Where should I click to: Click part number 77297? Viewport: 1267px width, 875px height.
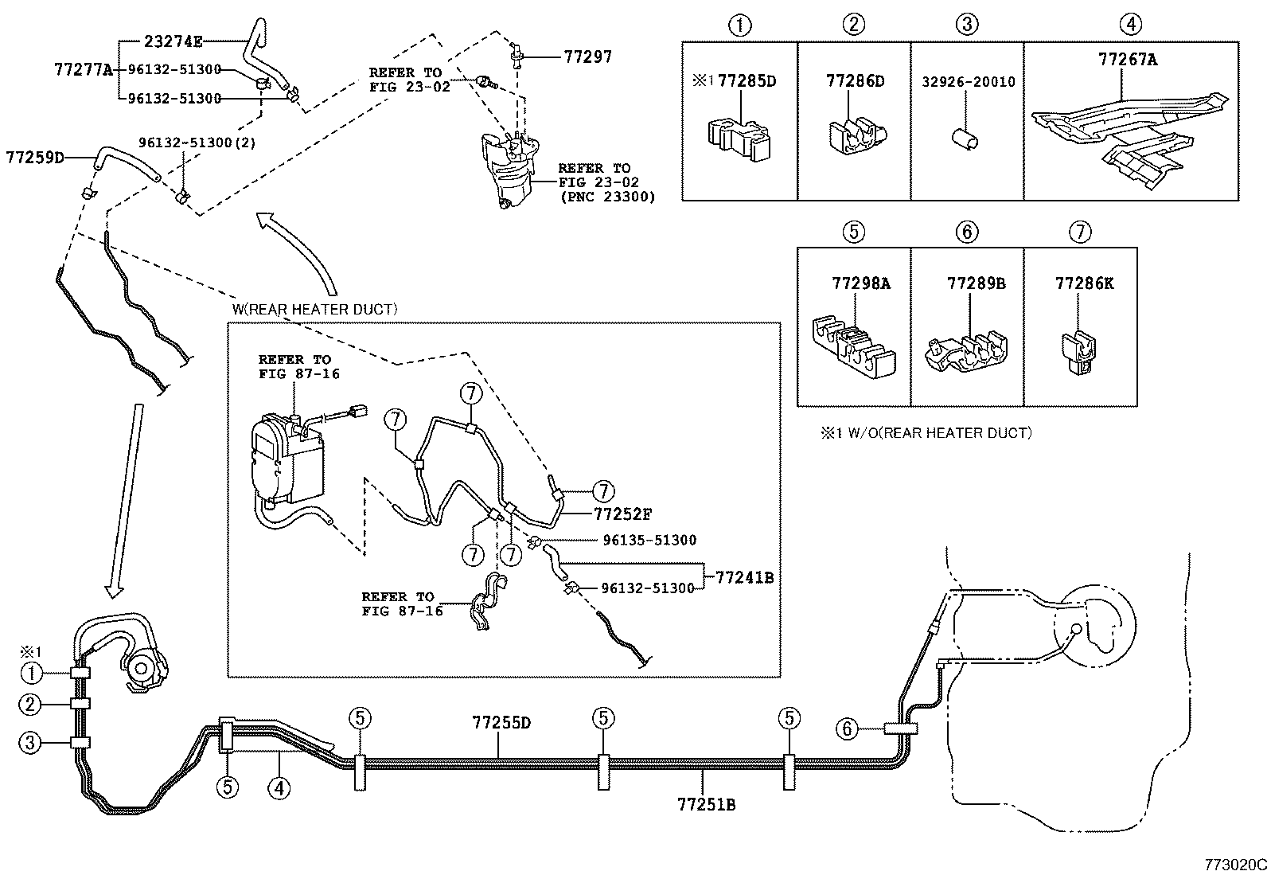(x=588, y=57)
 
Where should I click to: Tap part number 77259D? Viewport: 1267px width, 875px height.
(x=34, y=157)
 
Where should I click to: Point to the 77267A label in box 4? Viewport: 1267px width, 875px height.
(x=1128, y=60)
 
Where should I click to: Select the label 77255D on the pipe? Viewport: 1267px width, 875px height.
(x=501, y=723)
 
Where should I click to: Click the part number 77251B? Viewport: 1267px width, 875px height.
(x=706, y=804)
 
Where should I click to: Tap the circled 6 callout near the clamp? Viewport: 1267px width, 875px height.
(x=847, y=728)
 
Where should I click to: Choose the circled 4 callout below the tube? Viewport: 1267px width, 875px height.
(x=278, y=787)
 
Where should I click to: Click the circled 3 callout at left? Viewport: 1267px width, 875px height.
(x=30, y=743)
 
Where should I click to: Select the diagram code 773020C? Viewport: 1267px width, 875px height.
(x=1234, y=865)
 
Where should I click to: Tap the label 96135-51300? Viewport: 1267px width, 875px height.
(x=649, y=540)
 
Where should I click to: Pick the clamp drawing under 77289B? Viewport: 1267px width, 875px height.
(x=965, y=351)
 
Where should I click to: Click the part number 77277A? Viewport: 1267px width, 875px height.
(x=84, y=69)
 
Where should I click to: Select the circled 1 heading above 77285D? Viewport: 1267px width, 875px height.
(x=740, y=25)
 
